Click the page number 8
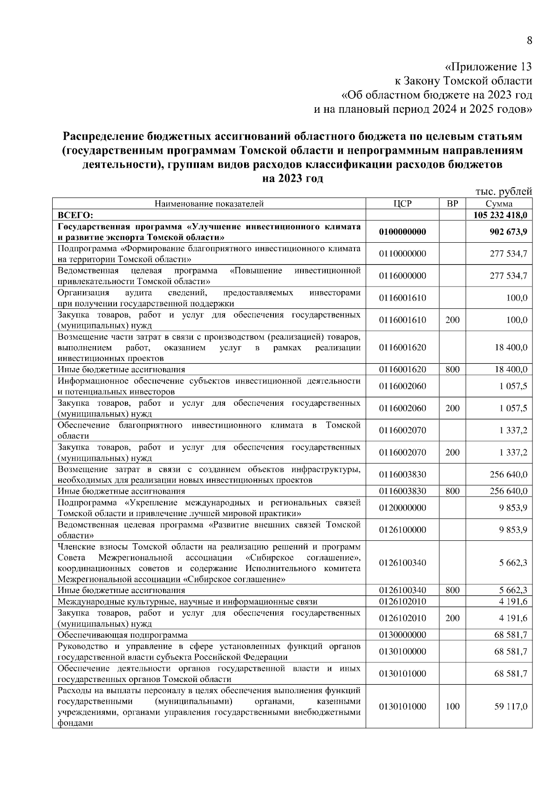pos(529,41)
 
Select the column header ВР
pos(452,204)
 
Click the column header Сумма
pos(499,204)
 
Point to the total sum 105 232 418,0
pos(500,215)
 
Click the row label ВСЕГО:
pos(75,215)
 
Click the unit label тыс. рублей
pos(504,191)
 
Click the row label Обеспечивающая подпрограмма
pos(123,635)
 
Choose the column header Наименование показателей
pos(209,204)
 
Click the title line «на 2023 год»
pos(293,178)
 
